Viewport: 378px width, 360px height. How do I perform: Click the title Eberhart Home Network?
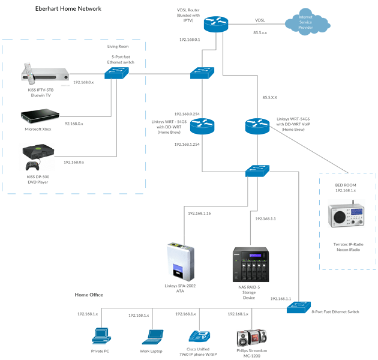click(x=68, y=8)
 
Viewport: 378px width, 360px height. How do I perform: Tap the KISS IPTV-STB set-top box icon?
click(x=45, y=73)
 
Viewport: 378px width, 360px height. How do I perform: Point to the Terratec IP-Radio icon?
click(x=346, y=216)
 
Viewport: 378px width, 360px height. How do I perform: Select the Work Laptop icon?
click(x=152, y=338)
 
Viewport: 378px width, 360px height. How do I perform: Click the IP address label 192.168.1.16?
click(x=199, y=214)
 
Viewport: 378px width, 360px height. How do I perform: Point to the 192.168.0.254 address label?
click(x=187, y=113)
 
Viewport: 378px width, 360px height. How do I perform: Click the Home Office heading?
click(x=89, y=295)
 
